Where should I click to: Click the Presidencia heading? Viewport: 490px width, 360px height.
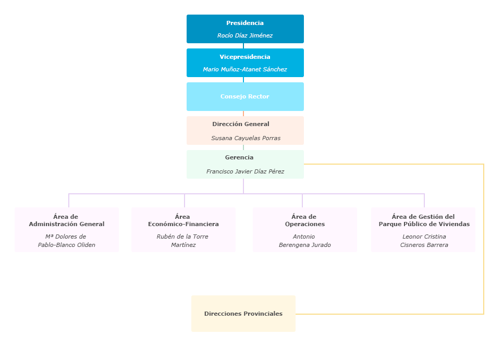pos(244,23)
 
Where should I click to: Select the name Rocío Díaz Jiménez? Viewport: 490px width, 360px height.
pos(244,36)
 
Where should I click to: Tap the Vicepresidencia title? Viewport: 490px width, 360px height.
pos(244,57)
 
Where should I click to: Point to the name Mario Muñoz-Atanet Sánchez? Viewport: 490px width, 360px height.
pos(244,70)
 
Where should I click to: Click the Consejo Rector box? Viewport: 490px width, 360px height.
pos(244,96)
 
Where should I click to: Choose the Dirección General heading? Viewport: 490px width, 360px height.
pos(241,124)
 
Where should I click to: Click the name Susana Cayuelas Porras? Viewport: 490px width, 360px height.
pos(246,138)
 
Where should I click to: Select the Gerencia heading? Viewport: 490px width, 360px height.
pos(239,157)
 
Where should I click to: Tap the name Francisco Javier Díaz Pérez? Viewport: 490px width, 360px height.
pos(245,171)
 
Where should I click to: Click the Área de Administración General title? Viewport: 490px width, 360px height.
pos(66,220)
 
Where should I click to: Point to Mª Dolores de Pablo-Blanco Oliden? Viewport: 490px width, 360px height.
pos(66,241)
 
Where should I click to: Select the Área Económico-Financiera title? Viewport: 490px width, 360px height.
pos(183,220)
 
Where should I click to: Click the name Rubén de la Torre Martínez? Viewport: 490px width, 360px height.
pos(183,241)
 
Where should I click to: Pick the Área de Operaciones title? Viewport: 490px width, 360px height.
pos(304,220)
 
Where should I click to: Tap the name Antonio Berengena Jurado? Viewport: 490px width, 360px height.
pos(304,241)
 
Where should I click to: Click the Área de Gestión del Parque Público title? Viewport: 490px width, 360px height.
pos(424,220)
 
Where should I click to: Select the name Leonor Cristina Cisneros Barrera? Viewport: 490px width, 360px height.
pos(424,241)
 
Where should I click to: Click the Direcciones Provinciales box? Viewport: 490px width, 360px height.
pos(243,314)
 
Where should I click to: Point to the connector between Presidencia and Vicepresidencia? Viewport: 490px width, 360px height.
pos(243,46)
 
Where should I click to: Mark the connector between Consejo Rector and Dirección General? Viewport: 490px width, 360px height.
pos(243,114)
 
